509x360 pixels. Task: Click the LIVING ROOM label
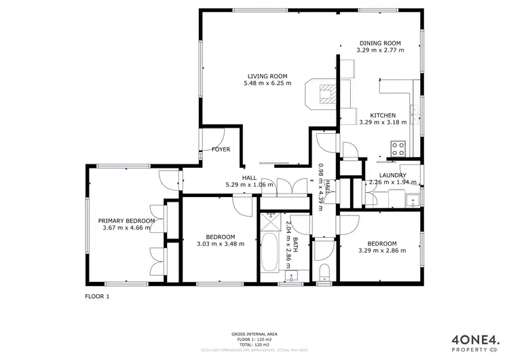[267, 75]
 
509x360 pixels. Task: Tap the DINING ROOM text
[380, 42]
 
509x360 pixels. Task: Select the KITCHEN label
[382, 115]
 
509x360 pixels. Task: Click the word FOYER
[221, 149]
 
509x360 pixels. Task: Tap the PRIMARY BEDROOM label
[127, 221]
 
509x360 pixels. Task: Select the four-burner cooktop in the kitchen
[397, 147]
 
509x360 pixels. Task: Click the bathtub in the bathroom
[269, 253]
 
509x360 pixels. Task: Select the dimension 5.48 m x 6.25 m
[267, 84]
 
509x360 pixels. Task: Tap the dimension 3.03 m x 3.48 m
[221, 245]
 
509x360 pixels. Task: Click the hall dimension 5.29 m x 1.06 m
[249, 184]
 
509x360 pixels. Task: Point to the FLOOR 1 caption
[96, 296]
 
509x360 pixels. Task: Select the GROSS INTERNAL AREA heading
[253, 334]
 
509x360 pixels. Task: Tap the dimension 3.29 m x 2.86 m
[382, 251]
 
